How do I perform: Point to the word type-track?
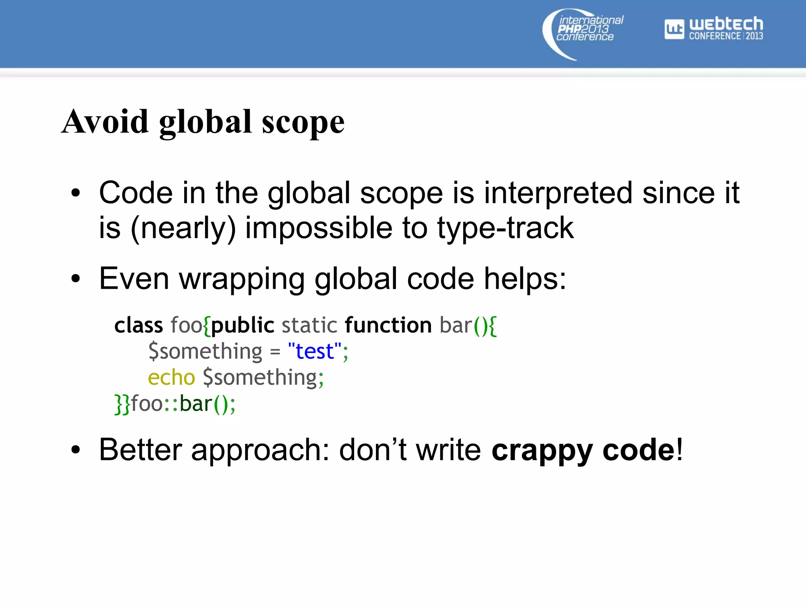[x=505, y=228]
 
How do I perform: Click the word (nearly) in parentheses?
[x=183, y=228]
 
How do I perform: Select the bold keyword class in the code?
[x=139, y=326]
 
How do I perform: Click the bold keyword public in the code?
[x=242, y=326]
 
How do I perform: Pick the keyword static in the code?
[x=309, y=326]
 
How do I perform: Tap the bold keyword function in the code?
[x=388, y=326]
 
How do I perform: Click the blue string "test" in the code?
[x=314, y=351]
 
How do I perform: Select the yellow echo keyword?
[x=171, y=377]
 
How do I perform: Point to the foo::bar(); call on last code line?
[x=183, y=404]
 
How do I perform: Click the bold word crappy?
[x=542, y=450]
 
